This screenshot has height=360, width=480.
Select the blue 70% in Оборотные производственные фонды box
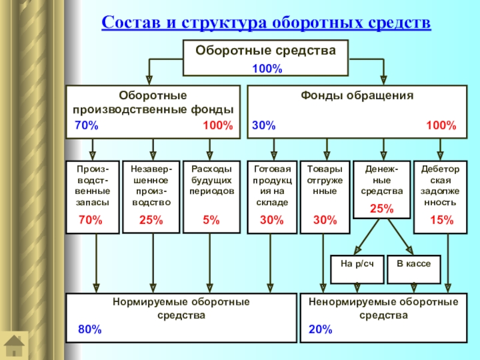86,126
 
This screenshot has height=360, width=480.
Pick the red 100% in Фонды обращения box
441,126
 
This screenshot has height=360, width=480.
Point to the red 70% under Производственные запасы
91,220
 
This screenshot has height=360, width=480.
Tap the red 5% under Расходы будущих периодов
211,220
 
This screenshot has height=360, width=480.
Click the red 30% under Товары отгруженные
325,220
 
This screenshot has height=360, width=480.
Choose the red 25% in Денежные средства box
382,209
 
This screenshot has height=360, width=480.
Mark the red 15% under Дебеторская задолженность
442,220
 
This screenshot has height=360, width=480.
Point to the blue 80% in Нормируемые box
90,329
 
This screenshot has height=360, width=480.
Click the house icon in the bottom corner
14,346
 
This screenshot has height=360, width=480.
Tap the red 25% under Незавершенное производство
151,220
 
